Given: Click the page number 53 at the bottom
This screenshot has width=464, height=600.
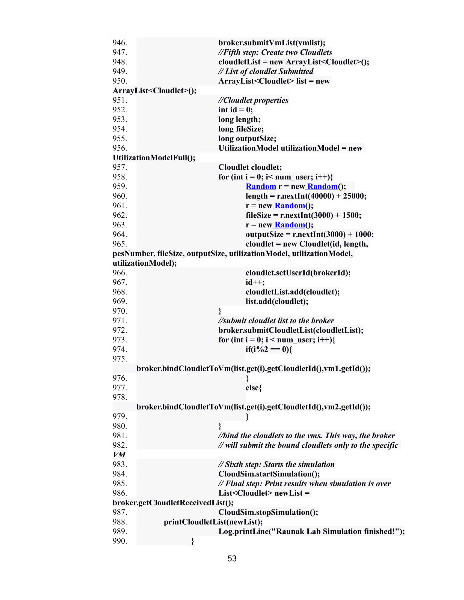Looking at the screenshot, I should coord(232,559).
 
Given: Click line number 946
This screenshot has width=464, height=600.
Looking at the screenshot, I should coord(120,43).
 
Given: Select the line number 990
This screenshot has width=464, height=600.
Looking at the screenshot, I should coord(120,541).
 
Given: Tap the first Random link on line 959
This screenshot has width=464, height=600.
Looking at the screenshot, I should coord(261,186).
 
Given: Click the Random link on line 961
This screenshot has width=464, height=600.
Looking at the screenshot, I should coord(289,205).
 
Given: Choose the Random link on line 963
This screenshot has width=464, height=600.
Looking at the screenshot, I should coord(289,225).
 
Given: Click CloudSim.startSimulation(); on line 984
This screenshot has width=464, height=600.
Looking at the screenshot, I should coord(269,474).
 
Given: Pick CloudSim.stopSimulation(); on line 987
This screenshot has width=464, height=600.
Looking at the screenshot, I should coord(268,512).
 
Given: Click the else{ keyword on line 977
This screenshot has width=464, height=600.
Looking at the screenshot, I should coord(254,388).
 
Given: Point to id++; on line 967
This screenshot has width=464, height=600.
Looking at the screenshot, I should coord(255,282).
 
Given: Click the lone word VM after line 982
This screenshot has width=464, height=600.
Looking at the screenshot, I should coord(119,455).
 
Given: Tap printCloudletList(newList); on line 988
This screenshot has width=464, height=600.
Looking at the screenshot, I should coord(213,522).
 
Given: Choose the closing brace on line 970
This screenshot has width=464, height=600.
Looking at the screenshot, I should coord(220,311).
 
